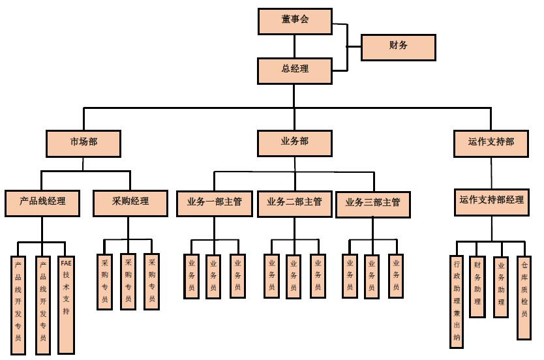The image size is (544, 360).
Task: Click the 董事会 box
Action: click(x=295, y=21)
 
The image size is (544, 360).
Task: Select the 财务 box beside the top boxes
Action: click(x=398, y=47)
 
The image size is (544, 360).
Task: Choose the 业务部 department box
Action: click(x=294, y=143)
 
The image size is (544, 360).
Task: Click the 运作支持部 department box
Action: click(x=491, y=143)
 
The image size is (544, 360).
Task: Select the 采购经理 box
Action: click(x=130, y=202)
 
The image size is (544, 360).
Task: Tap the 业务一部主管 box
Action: click(x=215, y=203)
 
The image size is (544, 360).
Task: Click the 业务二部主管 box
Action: click(x=294, y=203)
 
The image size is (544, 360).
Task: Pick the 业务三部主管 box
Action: click(x=372, y=203)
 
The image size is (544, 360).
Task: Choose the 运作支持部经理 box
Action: click(x=491, y=202)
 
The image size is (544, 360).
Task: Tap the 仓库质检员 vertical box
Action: click(x=524, y=297)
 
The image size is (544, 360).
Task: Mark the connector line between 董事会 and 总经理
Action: click(x=294, y=46)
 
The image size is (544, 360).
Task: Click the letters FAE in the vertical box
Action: click(x=66, y=263)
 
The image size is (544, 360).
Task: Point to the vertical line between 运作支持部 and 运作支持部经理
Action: click(x=492, y=173)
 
